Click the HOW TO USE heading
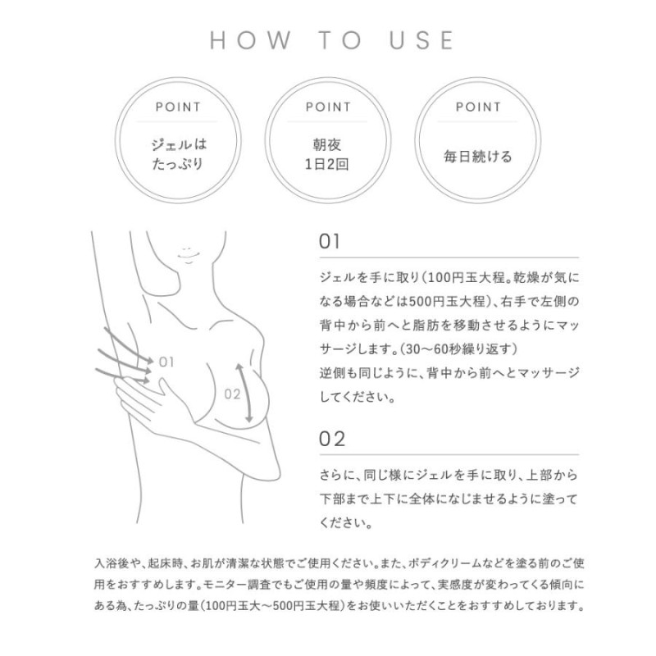click(332, 40)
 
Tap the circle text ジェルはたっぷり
click(178, 154)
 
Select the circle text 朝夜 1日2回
click(328, 154)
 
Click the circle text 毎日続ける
click(478, 157)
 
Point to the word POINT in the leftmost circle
click(178, 107)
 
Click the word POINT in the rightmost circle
click(478, 107)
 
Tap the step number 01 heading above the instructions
click(329, 242)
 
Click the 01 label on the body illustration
click(167, 361)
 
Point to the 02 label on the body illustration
click(232, 394)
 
